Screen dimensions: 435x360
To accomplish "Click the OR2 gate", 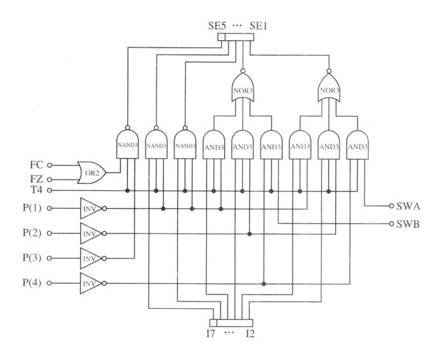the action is pos(92,173).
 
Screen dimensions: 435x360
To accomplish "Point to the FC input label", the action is pos(36,165).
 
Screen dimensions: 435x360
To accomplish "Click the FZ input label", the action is pos(36,179).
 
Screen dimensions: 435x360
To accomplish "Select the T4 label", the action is pos(36,190).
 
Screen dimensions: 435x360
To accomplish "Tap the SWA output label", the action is pos(408,207).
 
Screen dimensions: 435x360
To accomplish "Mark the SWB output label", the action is pos(408,224).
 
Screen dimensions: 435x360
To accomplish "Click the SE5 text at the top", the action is pos(217,26).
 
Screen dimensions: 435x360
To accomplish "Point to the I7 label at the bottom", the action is pos(211,333).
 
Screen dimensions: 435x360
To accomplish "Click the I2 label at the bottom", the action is pos(250,333).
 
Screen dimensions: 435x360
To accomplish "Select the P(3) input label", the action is pos(32,258).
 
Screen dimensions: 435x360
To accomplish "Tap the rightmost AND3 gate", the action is pos(358,145).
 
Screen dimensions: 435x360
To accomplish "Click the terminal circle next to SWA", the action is pos(392,206).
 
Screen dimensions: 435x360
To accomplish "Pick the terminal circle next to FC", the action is pos(49,165).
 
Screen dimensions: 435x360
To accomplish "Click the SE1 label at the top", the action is pos(259,26).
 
